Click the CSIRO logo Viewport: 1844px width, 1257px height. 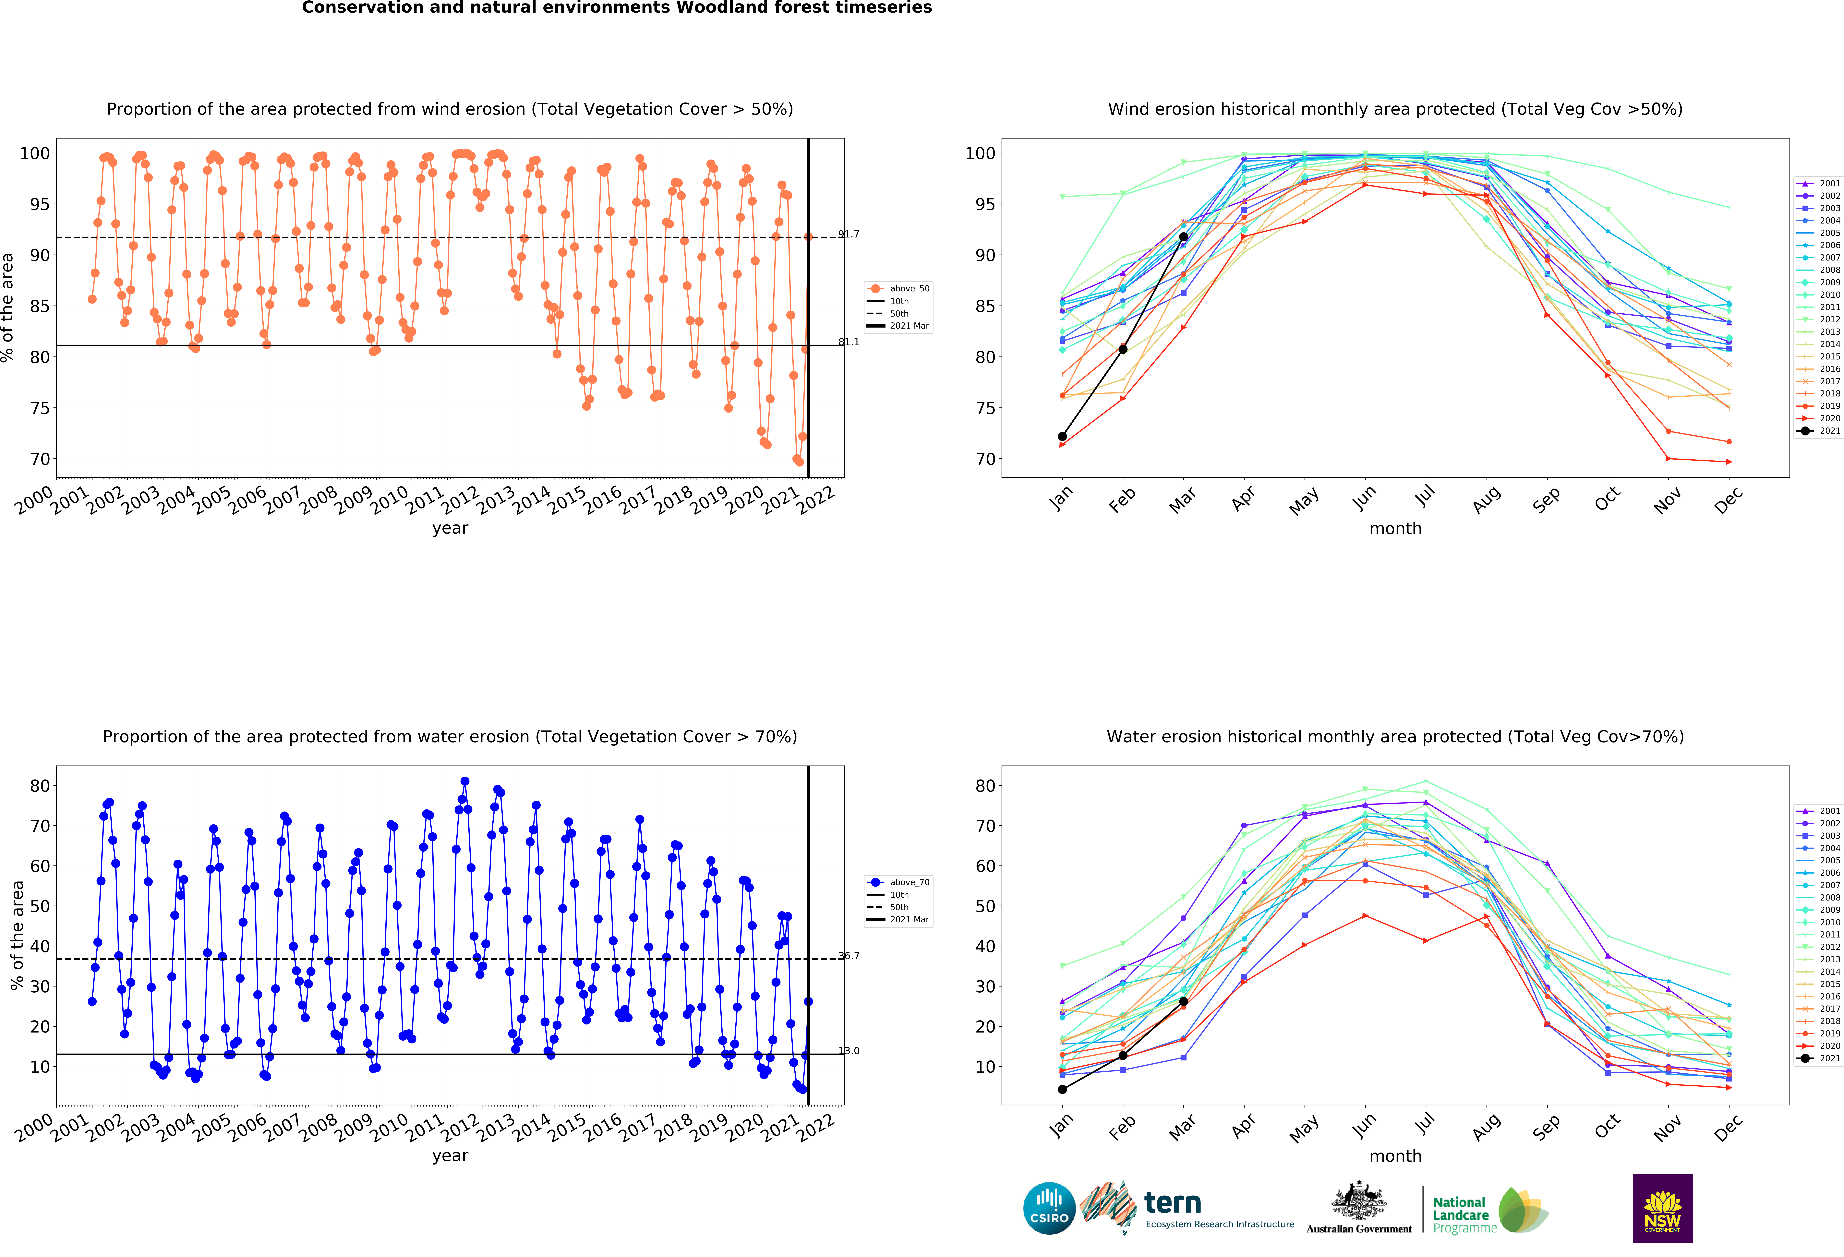pos(1049,1209)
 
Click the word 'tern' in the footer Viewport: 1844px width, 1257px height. pos(1173,1203)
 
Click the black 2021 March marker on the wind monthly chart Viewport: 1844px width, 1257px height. pos(1183,236)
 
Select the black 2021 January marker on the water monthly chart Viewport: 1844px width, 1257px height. pos(1062,1090)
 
